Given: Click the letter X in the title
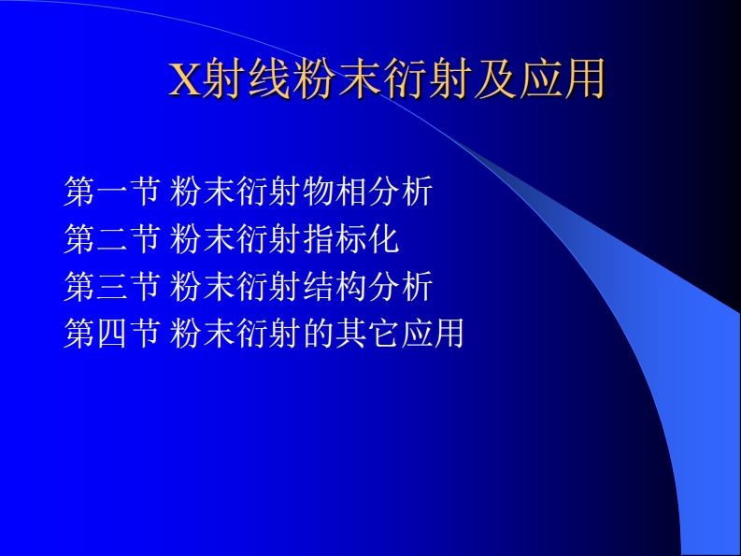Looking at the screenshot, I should coord(184,80).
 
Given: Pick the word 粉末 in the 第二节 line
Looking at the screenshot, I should coord(205,239).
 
